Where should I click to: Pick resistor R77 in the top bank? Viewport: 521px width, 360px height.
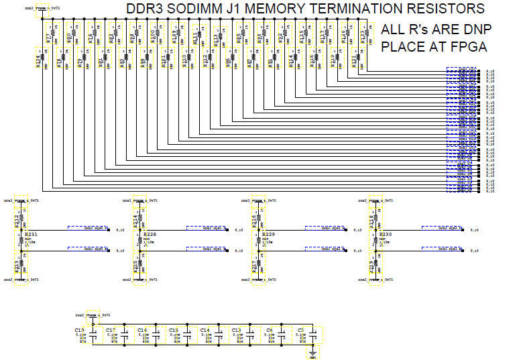pos(48,37)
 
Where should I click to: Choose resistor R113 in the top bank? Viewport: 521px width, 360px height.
pos(216,38)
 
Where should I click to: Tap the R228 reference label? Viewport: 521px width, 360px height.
pos(149,235)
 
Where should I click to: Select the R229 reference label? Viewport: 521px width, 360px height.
pos(266,235)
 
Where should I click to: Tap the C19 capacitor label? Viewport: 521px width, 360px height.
pos(79,331)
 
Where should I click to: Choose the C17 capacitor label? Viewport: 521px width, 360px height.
pos(111,331)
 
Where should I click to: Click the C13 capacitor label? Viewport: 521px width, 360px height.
pos(235,331)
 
